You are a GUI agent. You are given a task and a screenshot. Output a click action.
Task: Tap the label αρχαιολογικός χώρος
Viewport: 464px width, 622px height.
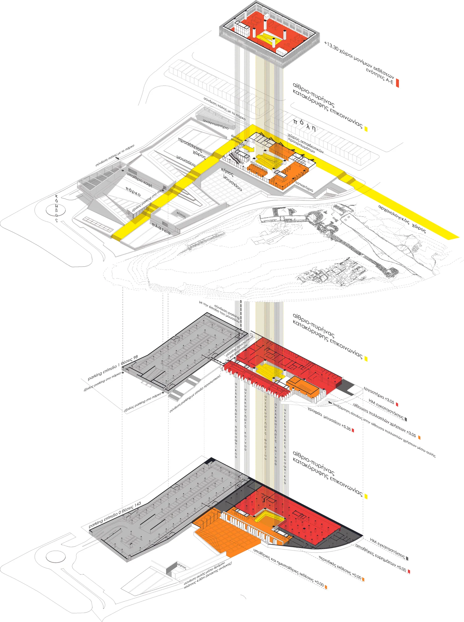[x=402, y=219]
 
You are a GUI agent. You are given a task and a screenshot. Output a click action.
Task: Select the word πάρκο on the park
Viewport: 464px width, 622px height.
[x=133, y=191]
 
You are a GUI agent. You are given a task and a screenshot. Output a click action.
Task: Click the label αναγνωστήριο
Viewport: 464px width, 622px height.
[x=216, y=123]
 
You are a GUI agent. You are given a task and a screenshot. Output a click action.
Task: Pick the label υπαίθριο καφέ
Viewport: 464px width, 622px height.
[x=140, y=180]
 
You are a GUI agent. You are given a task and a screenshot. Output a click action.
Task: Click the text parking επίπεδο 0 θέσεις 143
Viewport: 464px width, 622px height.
[x=115, y=515]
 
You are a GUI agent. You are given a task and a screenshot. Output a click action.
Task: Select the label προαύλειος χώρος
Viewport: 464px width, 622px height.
[x=192, y=148]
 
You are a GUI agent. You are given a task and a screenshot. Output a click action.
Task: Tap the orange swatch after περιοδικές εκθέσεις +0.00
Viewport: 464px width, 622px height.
[x=363, y=579]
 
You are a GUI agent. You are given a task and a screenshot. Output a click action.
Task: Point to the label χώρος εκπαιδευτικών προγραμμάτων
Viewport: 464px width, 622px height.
[x=306, y=143]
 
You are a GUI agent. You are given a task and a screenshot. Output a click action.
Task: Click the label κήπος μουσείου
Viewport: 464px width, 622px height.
[x=232, y=179]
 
